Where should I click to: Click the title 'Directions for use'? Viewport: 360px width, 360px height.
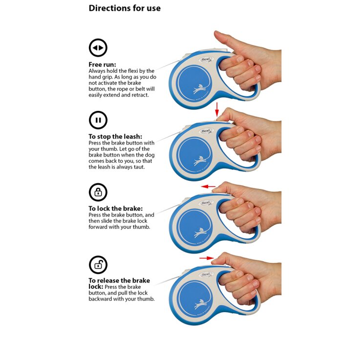[125, 8]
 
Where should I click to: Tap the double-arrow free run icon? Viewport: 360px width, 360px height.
[98, 48]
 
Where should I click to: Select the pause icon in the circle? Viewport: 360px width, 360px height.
[98, 120]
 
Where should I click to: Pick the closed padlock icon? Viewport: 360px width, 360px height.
[98, 192]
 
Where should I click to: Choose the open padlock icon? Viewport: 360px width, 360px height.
[98, 264]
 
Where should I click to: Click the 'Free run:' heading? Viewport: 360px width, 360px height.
[103, 64]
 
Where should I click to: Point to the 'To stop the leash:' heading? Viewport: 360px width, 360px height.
[115, 137]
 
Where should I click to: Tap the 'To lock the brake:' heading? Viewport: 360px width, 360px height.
[116, 209]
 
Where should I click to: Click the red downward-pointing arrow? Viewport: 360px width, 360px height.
[217, 109]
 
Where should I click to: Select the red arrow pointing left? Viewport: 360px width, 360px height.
[208, 187]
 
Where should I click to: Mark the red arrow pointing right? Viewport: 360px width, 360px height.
[207, 258]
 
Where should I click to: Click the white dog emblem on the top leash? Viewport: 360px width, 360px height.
[199, 89]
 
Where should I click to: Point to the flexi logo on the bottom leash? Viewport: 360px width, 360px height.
[207, 275]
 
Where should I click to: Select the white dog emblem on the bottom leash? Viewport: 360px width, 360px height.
[200, 304]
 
